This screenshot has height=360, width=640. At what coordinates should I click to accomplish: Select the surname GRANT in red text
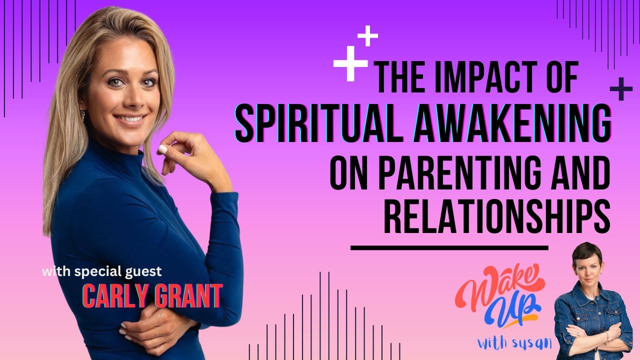[188, 297]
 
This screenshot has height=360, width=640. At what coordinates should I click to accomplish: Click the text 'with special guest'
[102, 272]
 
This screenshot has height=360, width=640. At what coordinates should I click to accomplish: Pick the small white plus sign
[367, 36]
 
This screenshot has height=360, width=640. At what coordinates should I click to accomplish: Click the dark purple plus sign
[620, 89]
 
